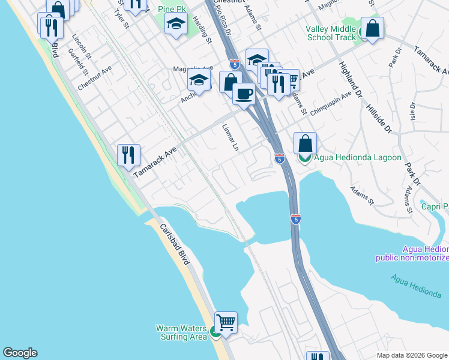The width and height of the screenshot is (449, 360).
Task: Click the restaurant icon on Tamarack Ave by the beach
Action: (x=128, y=156)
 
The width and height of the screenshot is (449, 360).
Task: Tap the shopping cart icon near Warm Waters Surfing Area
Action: (x=226, y=323)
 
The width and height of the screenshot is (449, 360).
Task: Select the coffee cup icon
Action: (x=244, y=94)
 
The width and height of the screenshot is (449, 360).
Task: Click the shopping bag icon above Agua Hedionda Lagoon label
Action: (x=305, y=143)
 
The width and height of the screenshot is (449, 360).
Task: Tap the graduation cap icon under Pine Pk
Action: (x=176, y=24)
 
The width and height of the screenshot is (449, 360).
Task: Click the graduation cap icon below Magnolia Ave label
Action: (x=199, y=79)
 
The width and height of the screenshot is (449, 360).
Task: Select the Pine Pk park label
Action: (x=174, y=9)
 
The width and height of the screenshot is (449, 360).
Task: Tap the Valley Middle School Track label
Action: (x=331, y=33)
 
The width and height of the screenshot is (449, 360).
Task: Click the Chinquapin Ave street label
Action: (x=330, y=101)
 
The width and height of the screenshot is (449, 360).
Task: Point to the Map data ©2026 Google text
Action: (x=411, y=355)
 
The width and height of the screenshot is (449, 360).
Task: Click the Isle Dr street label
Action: (x=412, y=113)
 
